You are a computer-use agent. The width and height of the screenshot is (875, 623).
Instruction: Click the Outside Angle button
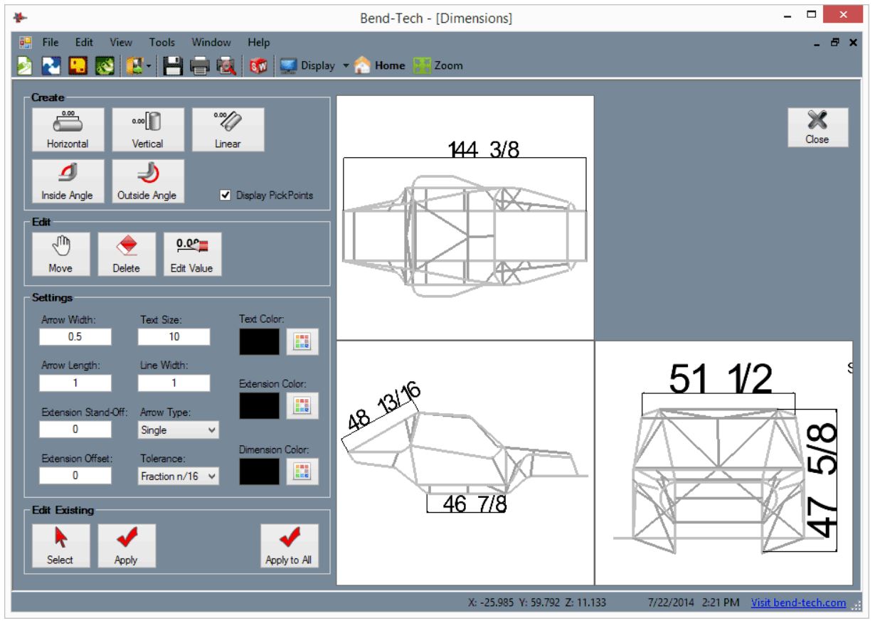[x=148, y=181]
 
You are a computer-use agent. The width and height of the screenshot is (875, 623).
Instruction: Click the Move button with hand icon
[x=60, y=255]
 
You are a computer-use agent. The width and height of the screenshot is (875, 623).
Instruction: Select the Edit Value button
[x=192, y=255]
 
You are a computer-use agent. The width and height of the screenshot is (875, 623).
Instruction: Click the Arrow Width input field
[x=75, y=337]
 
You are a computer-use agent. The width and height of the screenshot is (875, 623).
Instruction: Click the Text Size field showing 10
[x=174, y=337]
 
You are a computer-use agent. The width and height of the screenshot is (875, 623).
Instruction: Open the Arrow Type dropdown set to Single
[x=178, y=430]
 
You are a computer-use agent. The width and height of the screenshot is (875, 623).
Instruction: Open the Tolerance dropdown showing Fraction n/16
[x=178, y=477]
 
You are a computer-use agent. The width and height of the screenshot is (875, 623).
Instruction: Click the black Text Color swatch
[x=259, y=341]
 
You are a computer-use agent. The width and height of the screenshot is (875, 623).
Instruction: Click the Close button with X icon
[x=817, y=128]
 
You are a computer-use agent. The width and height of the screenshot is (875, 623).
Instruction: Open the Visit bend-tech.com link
[x=798, y=603]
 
